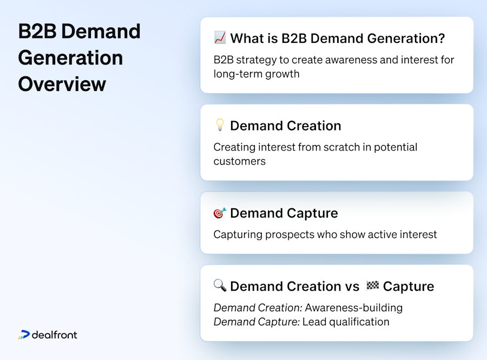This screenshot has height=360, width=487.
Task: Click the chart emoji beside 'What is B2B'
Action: click(x=220, y=38)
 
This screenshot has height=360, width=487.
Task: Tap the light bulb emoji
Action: click(x=220, y=126)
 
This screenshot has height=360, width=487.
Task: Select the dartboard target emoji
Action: click(x=220, y=213)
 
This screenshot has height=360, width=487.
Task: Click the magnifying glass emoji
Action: click(x=220, y=286)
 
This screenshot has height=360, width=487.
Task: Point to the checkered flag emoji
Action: click(x=372, y=286)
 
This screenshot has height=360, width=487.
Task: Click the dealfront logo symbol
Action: click(x=23, y=335)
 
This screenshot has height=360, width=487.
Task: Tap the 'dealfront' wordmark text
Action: click(x=54, y=335)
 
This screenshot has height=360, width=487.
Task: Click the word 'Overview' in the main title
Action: click(x=62, y=84)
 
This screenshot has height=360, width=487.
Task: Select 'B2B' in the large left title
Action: click(x=37, y=31)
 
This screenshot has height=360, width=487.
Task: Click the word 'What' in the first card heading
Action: click(x=247, y=38)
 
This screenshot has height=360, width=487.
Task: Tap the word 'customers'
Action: click(x=239, y=161)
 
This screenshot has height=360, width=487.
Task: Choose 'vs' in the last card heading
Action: click(x=352, y=286)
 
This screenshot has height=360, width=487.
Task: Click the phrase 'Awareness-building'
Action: click(x=353, y=307)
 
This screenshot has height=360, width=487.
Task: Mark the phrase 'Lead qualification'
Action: click(x=345, y=322)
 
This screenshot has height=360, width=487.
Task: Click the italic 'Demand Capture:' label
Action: click(x=256, y=322)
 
